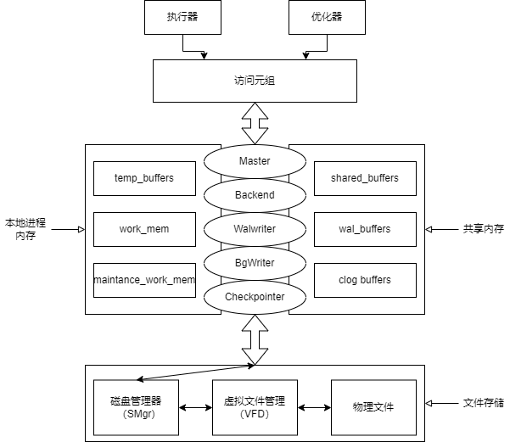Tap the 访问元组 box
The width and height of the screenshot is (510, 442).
(x=255, y=81)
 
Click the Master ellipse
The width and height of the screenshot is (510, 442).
(x=255, y=161)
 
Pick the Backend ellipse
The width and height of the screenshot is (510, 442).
(x=255, y=195)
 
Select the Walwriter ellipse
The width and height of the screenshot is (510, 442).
(x=255, y=229)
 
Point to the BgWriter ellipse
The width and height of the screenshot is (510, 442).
(x=255, y=263)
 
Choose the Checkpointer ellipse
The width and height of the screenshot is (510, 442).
(x=255, y=297)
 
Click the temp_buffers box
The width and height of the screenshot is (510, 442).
(x=144, y=178)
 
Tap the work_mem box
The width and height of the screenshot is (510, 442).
(x=144, y=229)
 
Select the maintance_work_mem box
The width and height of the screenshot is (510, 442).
(x=144, y=280)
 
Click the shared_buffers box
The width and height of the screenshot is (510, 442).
(x=365, y=178)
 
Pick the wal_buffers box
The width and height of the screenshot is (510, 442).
(x=365, y=229)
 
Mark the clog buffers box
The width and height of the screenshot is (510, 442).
(x=365, y=280)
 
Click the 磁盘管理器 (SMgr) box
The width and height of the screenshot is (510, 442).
(x=136, y=407)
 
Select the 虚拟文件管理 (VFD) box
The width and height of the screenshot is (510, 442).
(x=255, y=407)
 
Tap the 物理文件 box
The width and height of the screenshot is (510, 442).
(x=373, y=407)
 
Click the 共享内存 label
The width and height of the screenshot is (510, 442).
(x=483, y=229)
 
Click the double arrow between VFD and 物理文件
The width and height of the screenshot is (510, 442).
(x=314, y=408)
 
